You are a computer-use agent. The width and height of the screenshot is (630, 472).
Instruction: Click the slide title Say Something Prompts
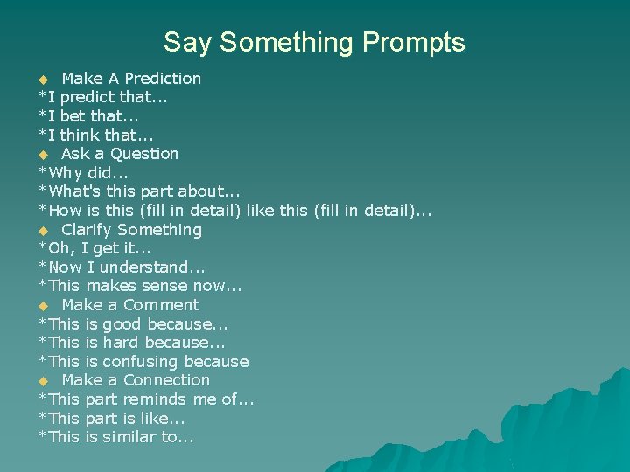coord(314,42)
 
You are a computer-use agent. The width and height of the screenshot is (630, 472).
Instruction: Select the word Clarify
coord(87,230)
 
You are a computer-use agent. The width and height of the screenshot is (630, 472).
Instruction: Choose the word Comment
coord(162,305)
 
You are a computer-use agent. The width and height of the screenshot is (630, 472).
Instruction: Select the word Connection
coord(167,380)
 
